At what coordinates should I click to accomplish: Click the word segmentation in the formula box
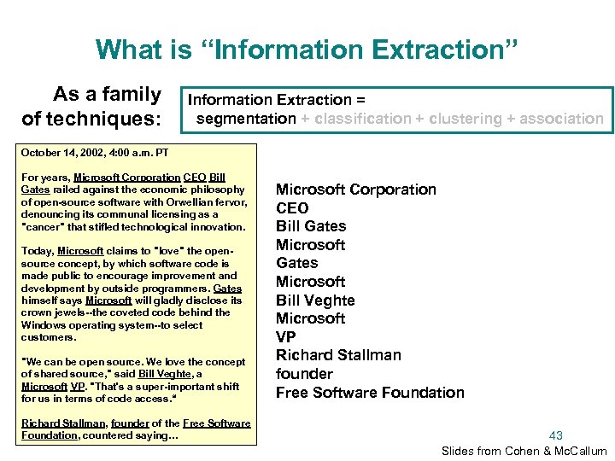pyautogui.click(x=246, y=119)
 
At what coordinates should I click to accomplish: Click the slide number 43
pyautogui.click(x=555, y=435)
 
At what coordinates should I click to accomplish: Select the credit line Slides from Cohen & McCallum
pyautogui.click(x=524, y=451)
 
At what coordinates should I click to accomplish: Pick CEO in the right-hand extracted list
pyautogui.click(x=292, y=207)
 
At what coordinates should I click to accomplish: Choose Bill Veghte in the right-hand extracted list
pyautogui.click(x=315, y=301)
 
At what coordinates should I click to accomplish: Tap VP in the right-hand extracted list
pyautogui.click(x=287, y=337)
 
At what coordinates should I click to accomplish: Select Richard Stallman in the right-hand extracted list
pyautogui.click(x=338, y=355)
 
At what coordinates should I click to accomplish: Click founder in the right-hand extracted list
pyautogui.click(x=304, y=374)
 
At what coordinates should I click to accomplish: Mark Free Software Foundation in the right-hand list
pyautogui.click(x=370, y=393)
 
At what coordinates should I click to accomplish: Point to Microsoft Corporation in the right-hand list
pyautogui.click(x=355, y=190)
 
